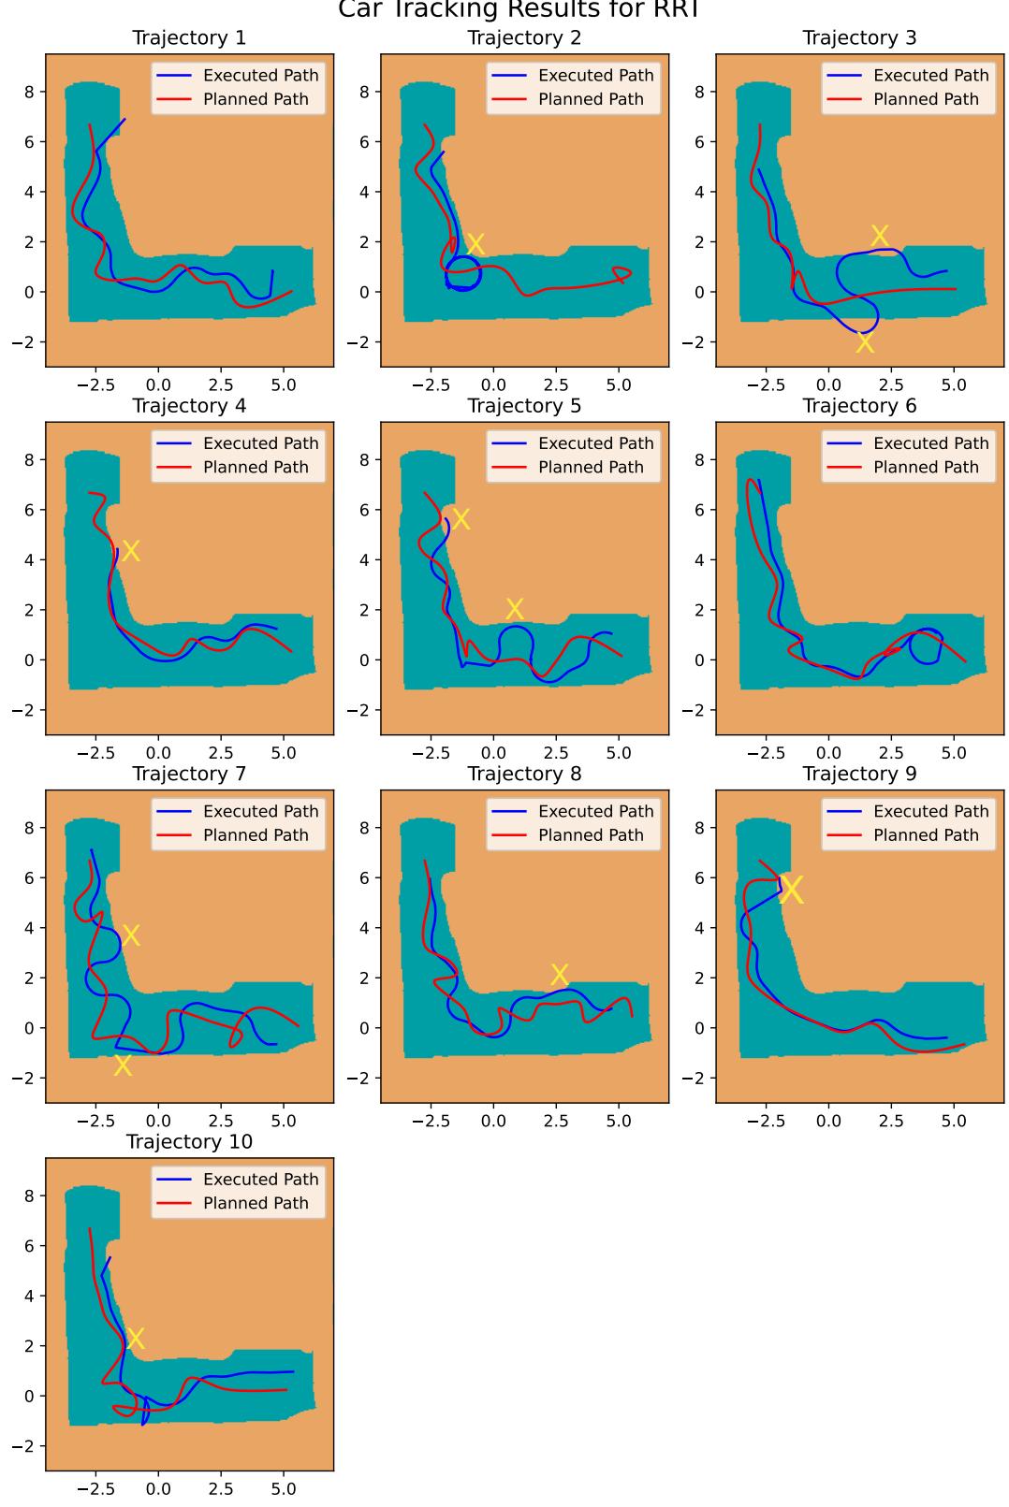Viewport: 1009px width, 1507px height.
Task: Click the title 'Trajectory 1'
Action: pyautogui.click(x=189, y=37)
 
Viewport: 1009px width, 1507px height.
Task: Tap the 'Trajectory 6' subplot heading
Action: pyautogui.click(x=859, y=406)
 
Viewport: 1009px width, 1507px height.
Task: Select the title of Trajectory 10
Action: pyautogui.click(x=189, y=1142)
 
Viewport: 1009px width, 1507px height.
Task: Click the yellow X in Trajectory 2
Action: pyautogui.click(x=475, y=244)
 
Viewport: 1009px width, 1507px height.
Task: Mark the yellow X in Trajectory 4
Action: pyautogui.click(x=131, y=551)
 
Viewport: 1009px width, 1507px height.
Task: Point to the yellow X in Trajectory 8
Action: pyautogui.click(x=560, y=974)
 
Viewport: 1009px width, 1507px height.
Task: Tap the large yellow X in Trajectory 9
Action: pyautogui.click(x=792, y=890)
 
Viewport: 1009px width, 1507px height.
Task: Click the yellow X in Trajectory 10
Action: pyautogui.click(x=135, y=1338)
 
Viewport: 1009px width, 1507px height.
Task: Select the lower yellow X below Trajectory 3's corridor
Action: pyautogui.click(x=865, y=343)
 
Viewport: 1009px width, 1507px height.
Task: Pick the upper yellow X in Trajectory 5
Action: pyautogui.click(x=460, y=518)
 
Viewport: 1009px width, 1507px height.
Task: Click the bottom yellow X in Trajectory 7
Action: pyautogui.click(x=123, y=1065)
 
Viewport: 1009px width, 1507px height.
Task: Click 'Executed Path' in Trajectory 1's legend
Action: pyautogui.click(x=260, y=76)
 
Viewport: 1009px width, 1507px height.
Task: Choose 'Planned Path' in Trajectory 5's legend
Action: pyautogui.click(x=591, y=467)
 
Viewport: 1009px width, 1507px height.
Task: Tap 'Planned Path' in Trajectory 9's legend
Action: pyautogui.click(x=926, y=835)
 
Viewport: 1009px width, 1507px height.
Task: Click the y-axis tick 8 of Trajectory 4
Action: pyautogui.click(x=28, y=460)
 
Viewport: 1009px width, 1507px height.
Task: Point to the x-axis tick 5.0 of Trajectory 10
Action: pyautogui.click(x=284, y=1488)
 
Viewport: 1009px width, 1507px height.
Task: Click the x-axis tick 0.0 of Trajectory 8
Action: pyautogui.click(x=493, y=1121)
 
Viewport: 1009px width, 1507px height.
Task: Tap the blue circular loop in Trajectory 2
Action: pyautogui.click(x=463, y=274)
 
